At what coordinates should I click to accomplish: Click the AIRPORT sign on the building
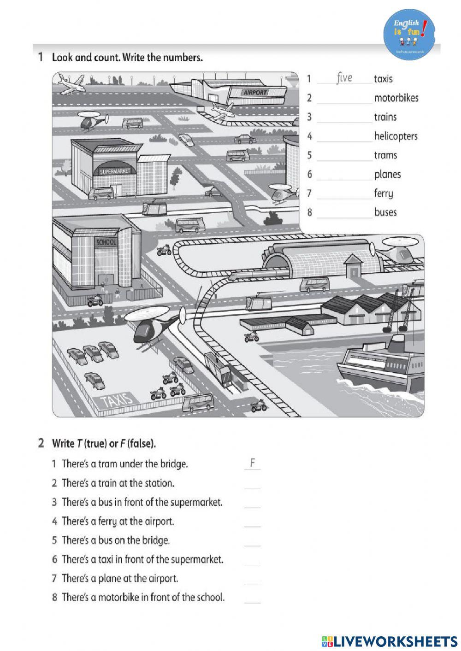pyautogui.click(x=254, y=92)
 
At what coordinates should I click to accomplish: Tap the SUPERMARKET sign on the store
pyautogui.click(x=115, y=171)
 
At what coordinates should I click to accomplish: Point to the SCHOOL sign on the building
pyautogui.click(x=106, y=242)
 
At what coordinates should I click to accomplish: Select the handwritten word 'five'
pyautogui.click(x=344, y=77)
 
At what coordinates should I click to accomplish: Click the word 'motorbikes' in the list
pyautogui.click(x=396, y=98)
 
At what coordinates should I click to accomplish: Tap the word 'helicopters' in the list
pyautogui.click(x=396, y=136)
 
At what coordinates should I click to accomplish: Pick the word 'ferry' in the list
pyautogui.click(x=384, y=193)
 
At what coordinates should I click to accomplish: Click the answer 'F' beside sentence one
pyautogui.click(x=253, y=463)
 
